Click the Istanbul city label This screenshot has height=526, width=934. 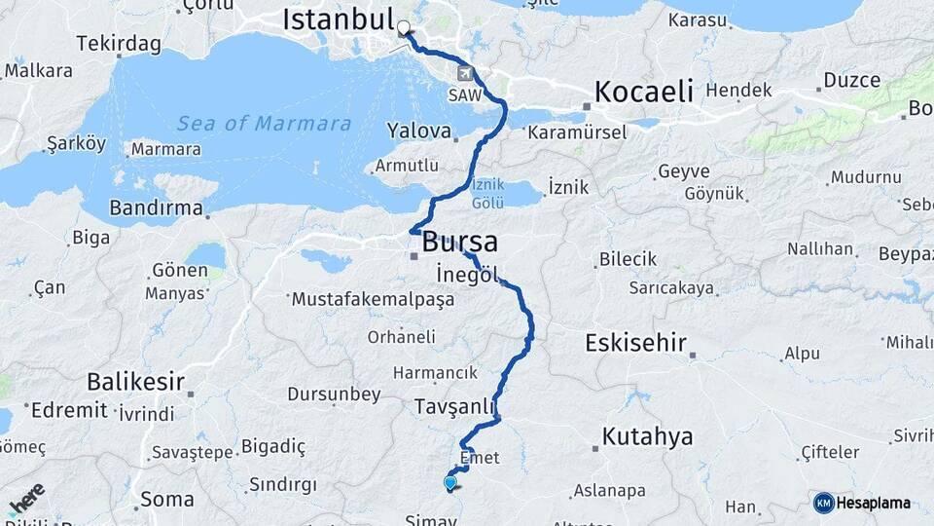(337, 19)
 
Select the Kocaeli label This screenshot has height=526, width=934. (643, 93)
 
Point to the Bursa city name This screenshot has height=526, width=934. (460, 243)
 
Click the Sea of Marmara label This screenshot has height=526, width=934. (264, 124)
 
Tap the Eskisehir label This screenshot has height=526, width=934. (636, 343)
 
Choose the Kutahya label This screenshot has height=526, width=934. (647, 436)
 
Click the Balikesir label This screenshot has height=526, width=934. (135, 380)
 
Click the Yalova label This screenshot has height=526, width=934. (419, 130)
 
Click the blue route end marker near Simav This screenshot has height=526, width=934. (449, 482)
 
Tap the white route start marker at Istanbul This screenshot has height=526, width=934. (403, 29)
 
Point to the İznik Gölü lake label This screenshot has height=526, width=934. (488, 192)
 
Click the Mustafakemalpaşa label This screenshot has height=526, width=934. (373, 300)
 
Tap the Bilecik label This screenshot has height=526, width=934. (628, 259)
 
